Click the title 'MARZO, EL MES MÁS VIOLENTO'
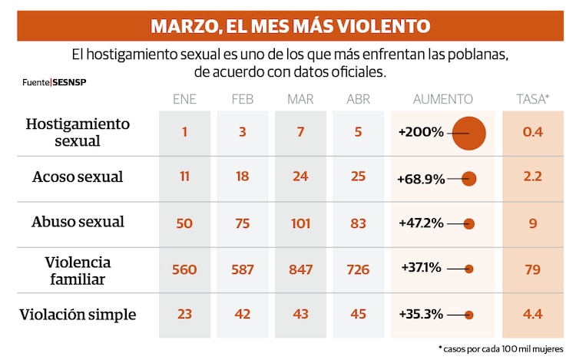290,26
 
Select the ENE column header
184,99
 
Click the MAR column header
300,99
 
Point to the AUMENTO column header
442,99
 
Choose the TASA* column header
532,99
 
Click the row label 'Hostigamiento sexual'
78,132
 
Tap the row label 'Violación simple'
78,315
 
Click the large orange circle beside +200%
469,133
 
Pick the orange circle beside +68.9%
469,179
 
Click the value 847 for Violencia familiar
300,269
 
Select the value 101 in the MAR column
300,223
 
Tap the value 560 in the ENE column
184,269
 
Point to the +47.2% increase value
421,223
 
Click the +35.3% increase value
421,315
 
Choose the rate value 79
532,269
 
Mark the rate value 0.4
532,132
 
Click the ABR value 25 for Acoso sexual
358,177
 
